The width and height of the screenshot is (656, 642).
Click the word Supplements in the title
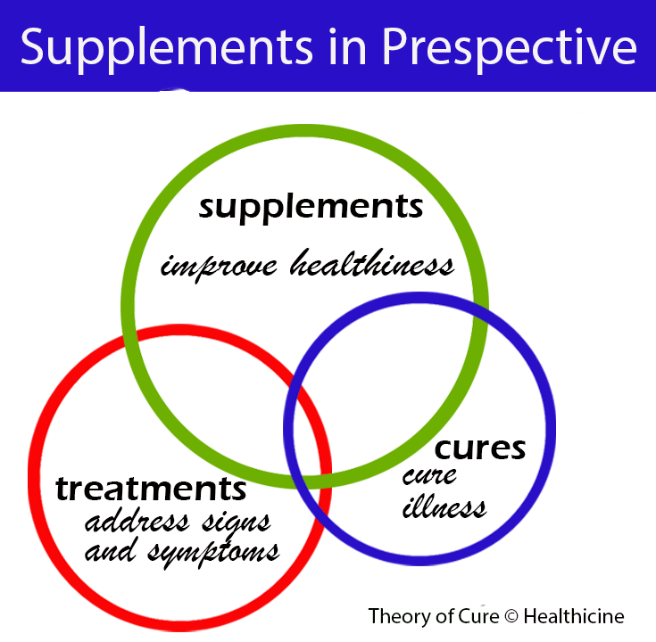[x=153, y=46]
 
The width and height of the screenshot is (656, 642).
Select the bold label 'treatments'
[x=150, y=489]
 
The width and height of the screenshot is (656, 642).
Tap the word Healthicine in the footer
[x=574, y=616]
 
